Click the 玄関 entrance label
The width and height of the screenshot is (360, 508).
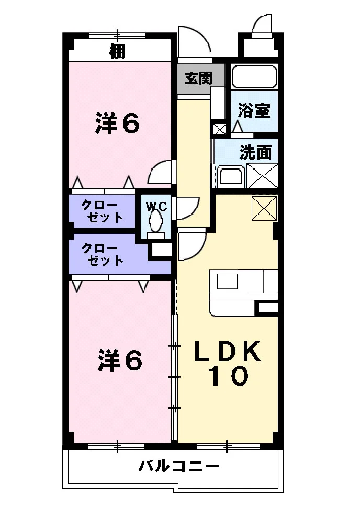[198, 78]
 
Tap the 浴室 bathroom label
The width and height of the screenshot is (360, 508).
[254, 110]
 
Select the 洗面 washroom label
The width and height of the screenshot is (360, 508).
[255, 152]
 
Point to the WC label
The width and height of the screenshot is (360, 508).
[156, 206]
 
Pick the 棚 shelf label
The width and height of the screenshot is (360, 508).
[117, 51]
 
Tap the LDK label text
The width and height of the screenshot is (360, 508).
[228, 351]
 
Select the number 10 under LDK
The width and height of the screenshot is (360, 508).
[229, 376]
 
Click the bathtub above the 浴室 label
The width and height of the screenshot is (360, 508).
[254, 76]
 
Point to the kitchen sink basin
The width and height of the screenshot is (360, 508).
[227, 281]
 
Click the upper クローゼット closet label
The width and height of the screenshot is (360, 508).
[103, 211]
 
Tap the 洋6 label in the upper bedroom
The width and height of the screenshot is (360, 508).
[117, 123]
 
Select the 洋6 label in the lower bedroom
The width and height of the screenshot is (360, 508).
[120, 360]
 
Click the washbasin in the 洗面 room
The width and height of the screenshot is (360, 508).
[230, 176]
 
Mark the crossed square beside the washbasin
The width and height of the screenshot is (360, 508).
[263, 176]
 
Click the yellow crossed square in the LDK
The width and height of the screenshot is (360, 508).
[265, 208]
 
